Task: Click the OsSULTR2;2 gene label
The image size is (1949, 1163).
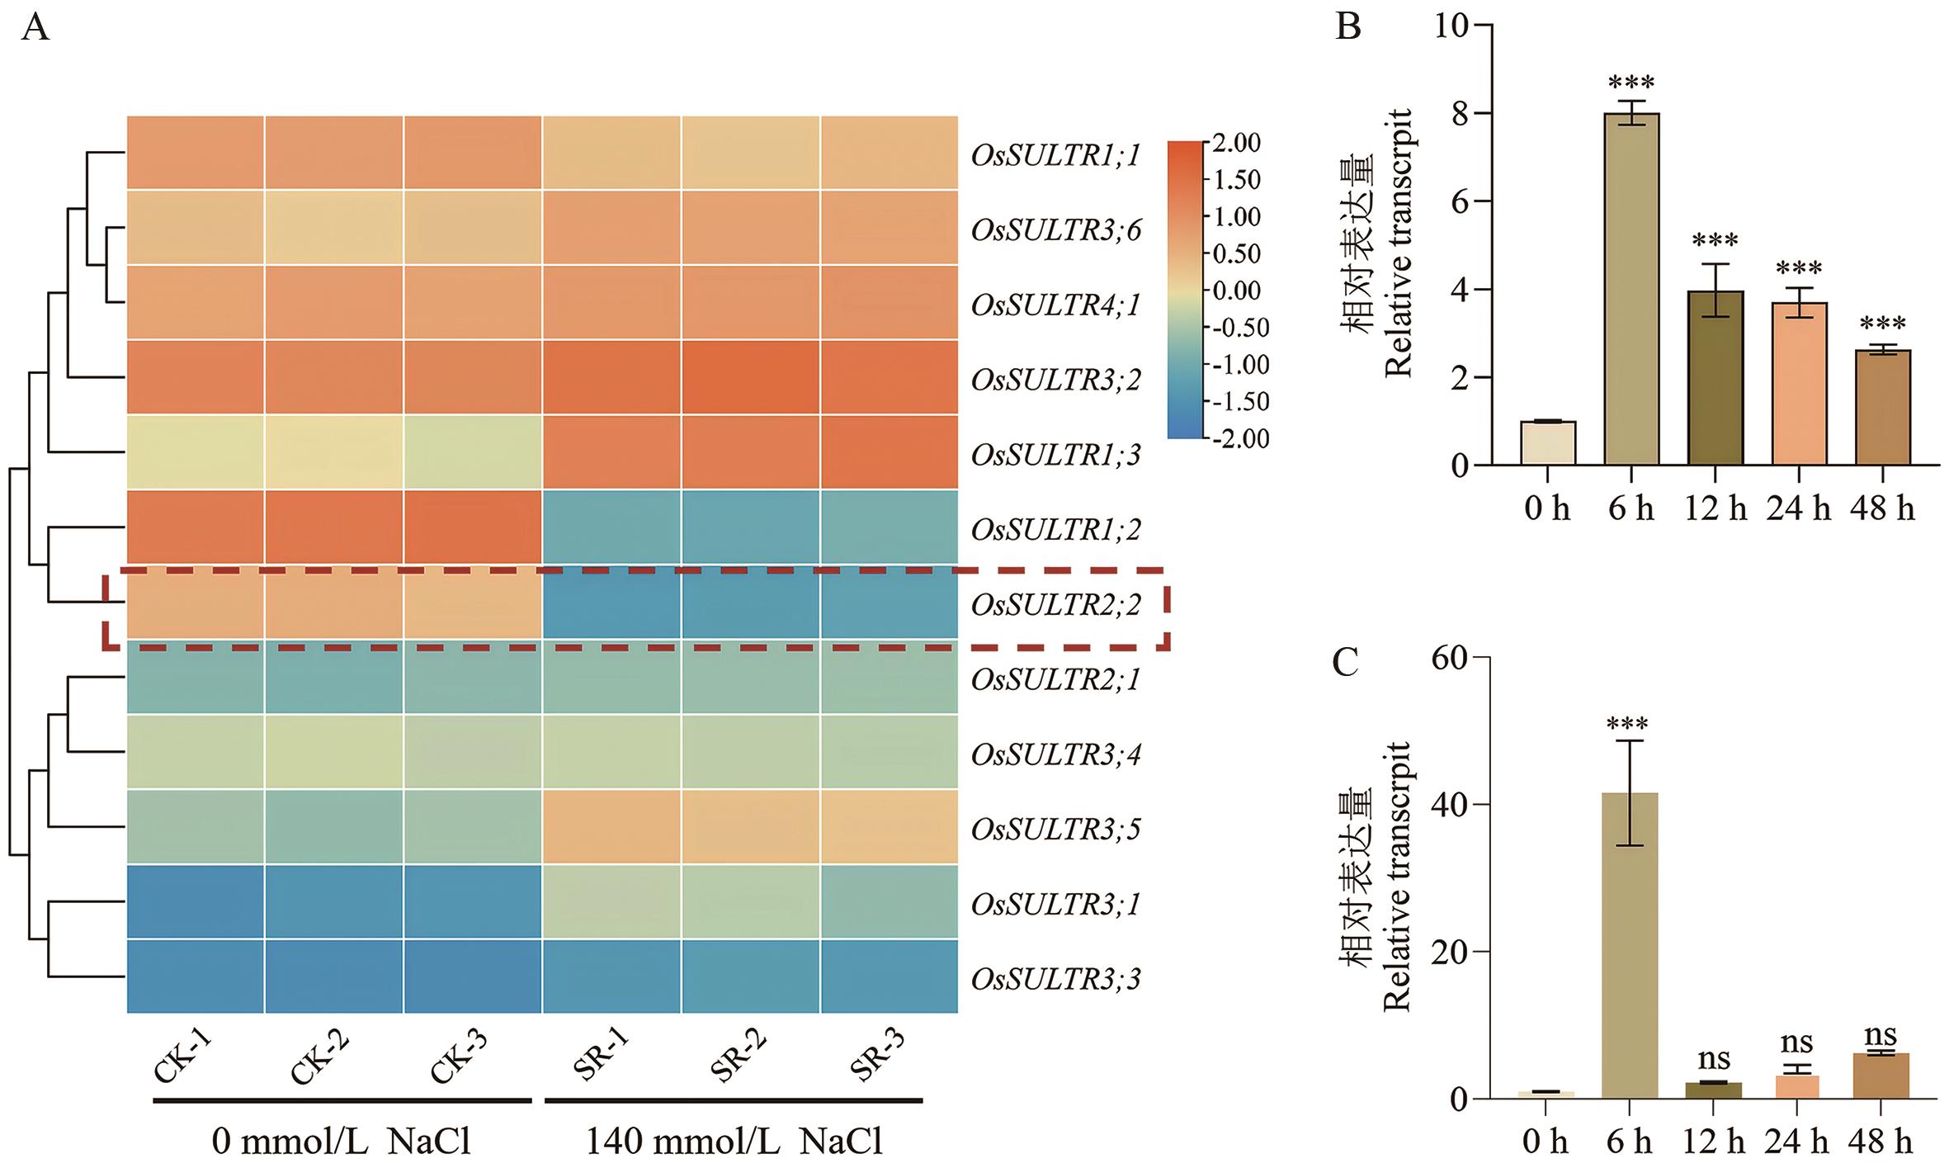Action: coord(1055,605)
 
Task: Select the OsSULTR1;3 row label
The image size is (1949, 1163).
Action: coord(1055,454)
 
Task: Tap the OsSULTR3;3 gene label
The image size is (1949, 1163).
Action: coord(1055,979)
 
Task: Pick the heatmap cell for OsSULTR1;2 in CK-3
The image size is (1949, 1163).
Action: coord(473,528)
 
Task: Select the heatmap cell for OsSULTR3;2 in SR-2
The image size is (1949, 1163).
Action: coord(751,378)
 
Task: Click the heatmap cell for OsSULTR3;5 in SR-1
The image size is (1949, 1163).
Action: coord(611,828)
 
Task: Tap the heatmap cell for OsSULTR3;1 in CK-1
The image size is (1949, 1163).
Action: coord(196,902)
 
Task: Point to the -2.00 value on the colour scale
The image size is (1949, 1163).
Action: coord(1237,437)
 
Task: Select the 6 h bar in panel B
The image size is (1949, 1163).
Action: coord(1631,290)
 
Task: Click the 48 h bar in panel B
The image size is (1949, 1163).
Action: coord(1883,408)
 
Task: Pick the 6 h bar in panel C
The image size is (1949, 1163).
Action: coord(1630,945)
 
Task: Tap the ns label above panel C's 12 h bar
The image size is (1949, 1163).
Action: coord(1714,1059)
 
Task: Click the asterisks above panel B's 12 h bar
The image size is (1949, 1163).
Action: coord(1715,241)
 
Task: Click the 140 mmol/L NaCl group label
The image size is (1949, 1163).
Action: coord(734,1142)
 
